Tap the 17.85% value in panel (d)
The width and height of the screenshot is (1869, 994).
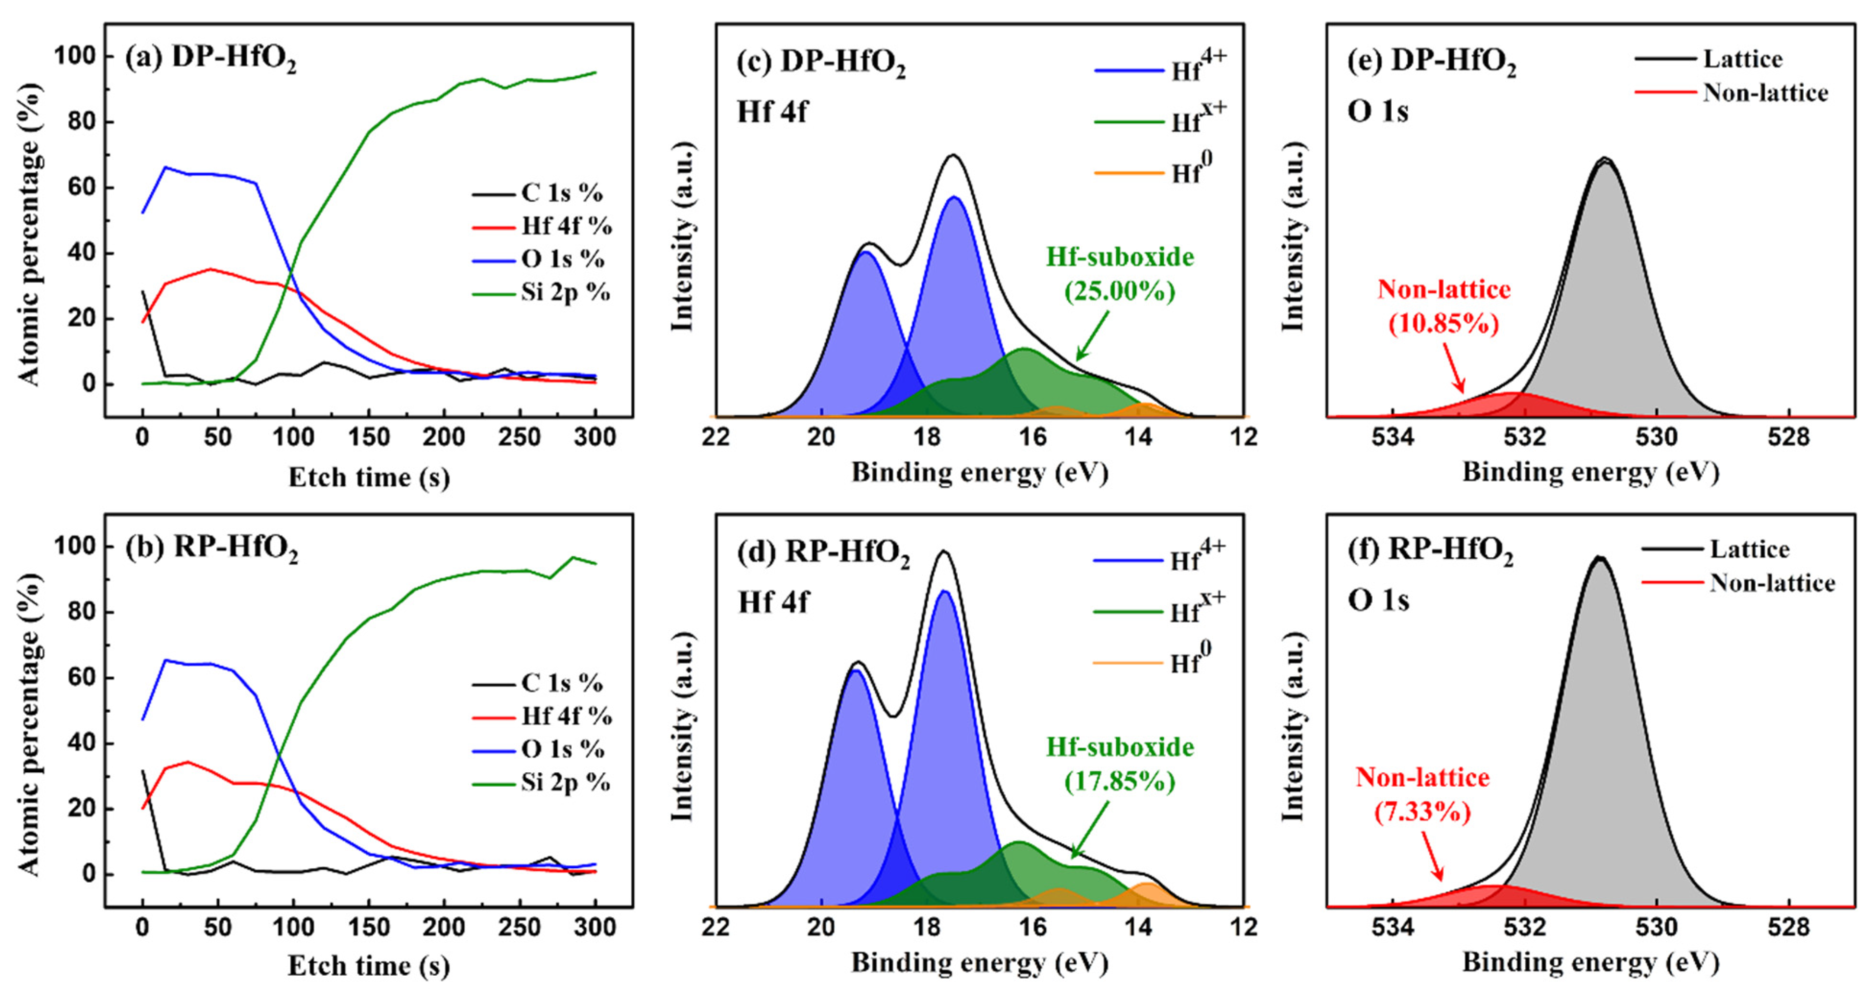click(1120, 781)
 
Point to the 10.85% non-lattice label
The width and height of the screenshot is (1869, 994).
click(1443, 323)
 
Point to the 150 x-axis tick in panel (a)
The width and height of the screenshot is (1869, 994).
click(369, 438)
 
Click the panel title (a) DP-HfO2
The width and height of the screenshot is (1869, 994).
click(210, 58)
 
